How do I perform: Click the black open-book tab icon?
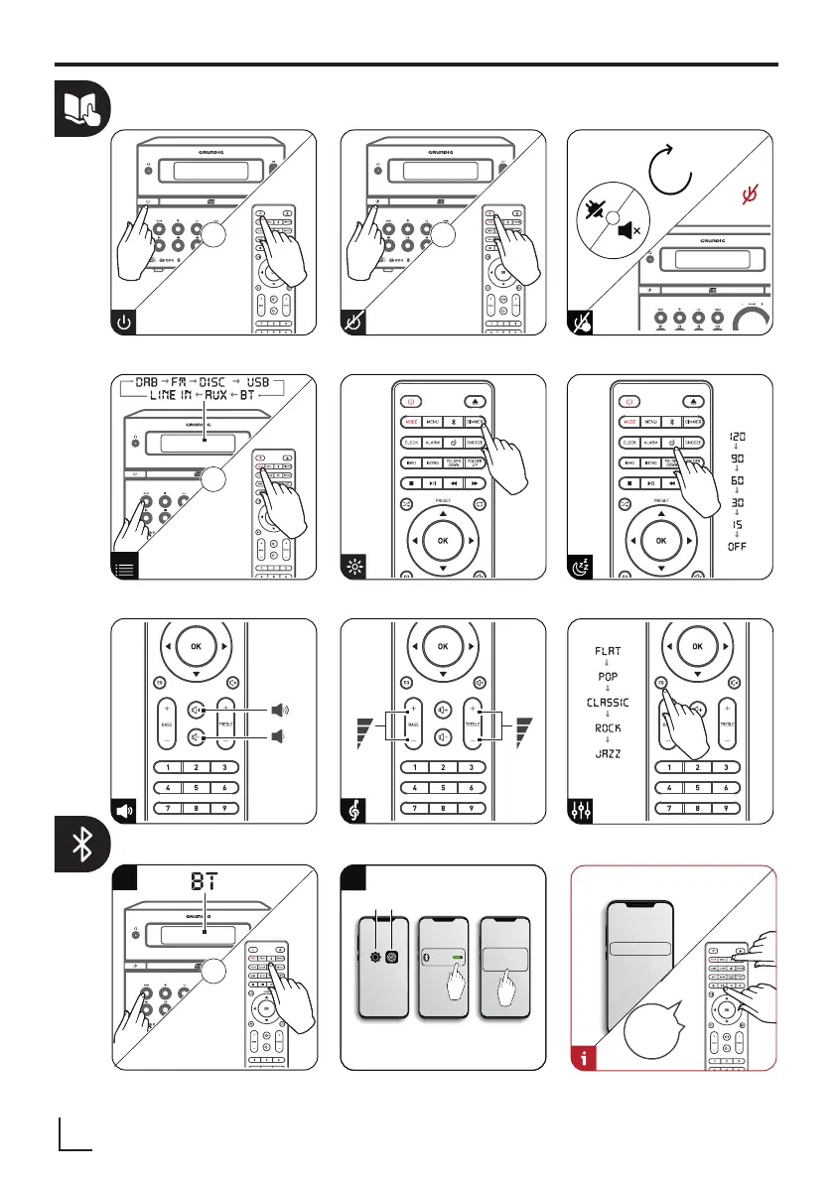point(82,110)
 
